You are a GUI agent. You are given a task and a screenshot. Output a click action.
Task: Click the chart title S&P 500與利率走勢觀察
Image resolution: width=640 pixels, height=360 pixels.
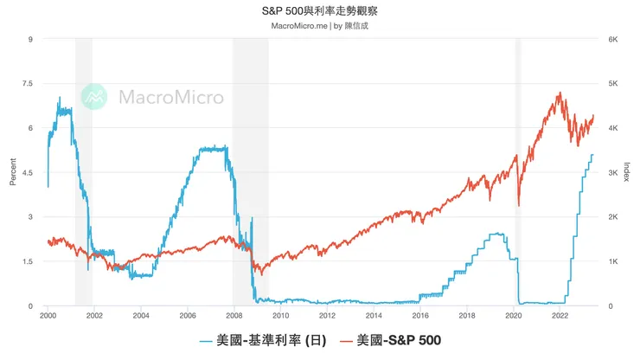pyautogui.click(x=319, y=12)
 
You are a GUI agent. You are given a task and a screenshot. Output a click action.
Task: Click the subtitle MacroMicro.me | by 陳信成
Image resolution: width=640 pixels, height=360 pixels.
pyautogui.click(x=319, y=26)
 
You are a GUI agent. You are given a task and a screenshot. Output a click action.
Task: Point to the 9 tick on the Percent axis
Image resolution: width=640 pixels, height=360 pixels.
pyautogui.click(x=30, y=40)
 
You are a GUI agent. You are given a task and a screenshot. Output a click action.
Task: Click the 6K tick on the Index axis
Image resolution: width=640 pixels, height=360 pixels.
pyautogui.click(x=612, y=40)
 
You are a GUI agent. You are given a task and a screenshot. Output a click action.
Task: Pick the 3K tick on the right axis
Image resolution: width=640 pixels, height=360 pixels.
pyautogui.click(x=612, y=173)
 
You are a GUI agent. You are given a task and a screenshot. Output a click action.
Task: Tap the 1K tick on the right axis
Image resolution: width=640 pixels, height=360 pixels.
pyautogui.click(x=612, y=262)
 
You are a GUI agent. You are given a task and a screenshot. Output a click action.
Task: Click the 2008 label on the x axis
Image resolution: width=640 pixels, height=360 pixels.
pyautogui.click(x=234, y=316)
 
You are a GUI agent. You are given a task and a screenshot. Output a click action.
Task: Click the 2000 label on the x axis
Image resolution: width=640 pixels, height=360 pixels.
pyautogui.click(x=48, y=316)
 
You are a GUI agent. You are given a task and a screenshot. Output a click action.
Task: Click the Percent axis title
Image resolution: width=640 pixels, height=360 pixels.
pyautogui.click(x=12, y=173)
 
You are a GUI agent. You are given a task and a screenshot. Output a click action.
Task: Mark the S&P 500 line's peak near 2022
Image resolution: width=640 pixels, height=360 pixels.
pyautogui.click(x=560, y=93)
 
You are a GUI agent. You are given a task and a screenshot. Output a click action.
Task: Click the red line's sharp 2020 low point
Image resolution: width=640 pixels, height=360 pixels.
pyautogui.click(x=519, y=205)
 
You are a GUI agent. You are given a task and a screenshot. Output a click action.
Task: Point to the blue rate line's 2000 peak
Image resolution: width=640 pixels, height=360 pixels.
pyautogui.click(x=60, y=98)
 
